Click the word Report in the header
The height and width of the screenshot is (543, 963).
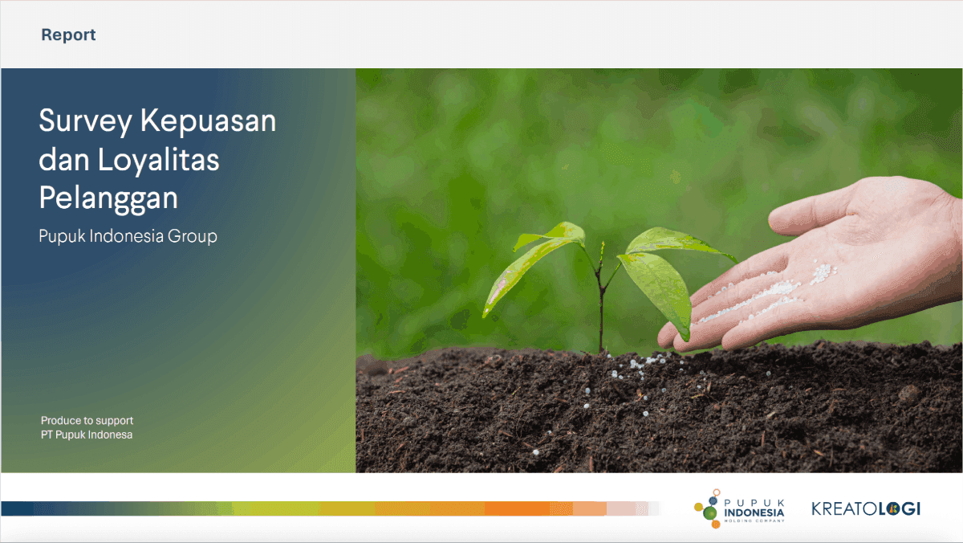pyautogui.click(x=68, y=35)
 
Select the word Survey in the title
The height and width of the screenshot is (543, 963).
pyautogui.click(x=85, y=122)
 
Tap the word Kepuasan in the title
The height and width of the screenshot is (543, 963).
pyautogui.click(x=208, y=122)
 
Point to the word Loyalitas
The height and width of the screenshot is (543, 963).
pyautogui.click(x=159, y=160)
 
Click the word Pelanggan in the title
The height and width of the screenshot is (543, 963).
pyautogui.click(x=108, y=198)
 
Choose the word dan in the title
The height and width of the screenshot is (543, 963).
pyautogui.click(x=64, y=159)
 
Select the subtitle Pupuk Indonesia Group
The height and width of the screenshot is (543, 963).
pyautogui.click(x=128, y=236)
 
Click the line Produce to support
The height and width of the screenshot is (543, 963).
pyautogui.click(x=87, y=420)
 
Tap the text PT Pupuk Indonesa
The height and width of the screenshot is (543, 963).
pyautogui.click(x=87, y=435)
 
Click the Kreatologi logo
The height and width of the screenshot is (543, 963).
pyautogui.click(x=866, y=508)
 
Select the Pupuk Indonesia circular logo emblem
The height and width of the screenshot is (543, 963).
pyautogui.click(x=707, y=508)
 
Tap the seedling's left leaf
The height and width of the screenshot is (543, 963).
pyautogui.click(x=533, y=267)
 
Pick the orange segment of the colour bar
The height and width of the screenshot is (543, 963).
pyautogui.click(x=517, y=508)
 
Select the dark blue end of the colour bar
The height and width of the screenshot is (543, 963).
pyautogui.click(x=17, y=508)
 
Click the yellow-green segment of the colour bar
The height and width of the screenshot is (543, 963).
pyautogui.click(x=275, y=508)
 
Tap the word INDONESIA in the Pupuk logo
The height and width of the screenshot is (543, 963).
pyautogui.click(x=754, y=512)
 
